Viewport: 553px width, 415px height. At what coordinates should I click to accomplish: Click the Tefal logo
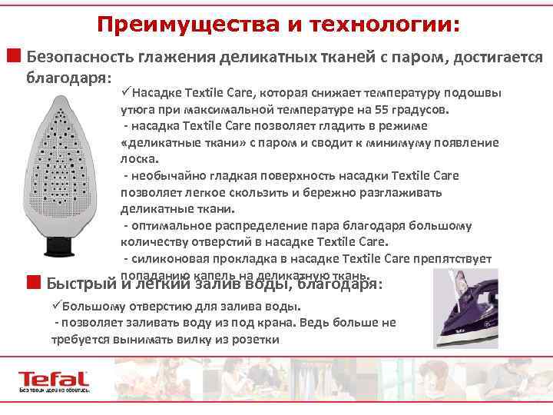[x=55, y=380]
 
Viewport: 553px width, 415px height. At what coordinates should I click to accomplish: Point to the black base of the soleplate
[x=63, y=244]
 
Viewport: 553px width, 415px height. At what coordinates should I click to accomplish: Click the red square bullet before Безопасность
[x=14, y=56]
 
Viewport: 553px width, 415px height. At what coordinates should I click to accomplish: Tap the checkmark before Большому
[x=57, y=305]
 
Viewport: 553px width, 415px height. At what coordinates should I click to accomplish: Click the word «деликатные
[x=157, y=142]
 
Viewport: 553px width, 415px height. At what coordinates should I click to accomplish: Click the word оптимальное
[x=167, y=226]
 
